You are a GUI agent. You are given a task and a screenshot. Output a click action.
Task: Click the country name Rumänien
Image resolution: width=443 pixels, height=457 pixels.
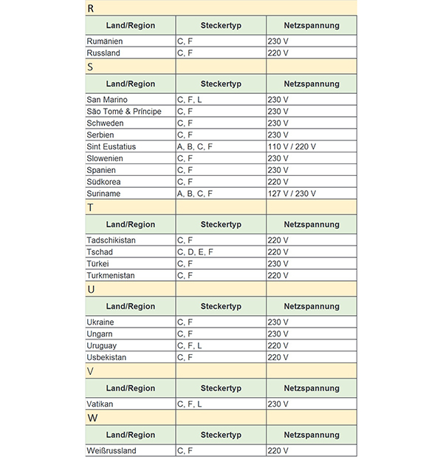pyautogui.click(x=104, y=41)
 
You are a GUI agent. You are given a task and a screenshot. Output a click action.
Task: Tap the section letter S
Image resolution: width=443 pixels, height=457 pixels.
pyautogui.click(x=90, y=67)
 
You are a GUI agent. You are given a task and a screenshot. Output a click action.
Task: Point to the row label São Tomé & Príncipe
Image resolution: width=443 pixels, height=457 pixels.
pyautogui.click(x=124, y=112)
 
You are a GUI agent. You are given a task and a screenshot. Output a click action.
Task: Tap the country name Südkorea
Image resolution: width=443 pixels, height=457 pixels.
pyautogui.click(x=104, y=182)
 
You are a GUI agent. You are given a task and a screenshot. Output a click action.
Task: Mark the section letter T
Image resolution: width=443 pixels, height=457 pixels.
pyautogui.click(x=90, y=208)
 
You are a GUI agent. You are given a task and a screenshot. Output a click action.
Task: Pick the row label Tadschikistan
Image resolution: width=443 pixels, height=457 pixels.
pyautogui.click(x=111, y=240)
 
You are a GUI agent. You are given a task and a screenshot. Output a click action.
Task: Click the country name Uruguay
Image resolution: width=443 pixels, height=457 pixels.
pyautogui.click(x=102, y=346)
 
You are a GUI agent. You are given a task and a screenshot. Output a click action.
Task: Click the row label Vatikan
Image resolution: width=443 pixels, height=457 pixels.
pyautogui.click(x=100, y=404)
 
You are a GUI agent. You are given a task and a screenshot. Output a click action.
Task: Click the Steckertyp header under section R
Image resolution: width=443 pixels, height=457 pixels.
pyautogui.click(x=221, y=25)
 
